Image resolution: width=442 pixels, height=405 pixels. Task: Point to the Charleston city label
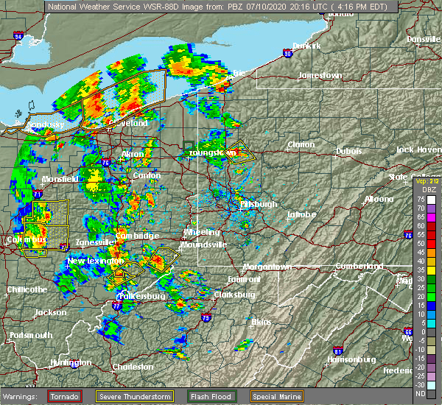[x=133, y=367]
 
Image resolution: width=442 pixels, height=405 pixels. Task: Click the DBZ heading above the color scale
[x=425, y=190]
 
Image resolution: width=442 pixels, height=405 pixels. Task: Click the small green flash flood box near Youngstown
[x=189, y=145]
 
